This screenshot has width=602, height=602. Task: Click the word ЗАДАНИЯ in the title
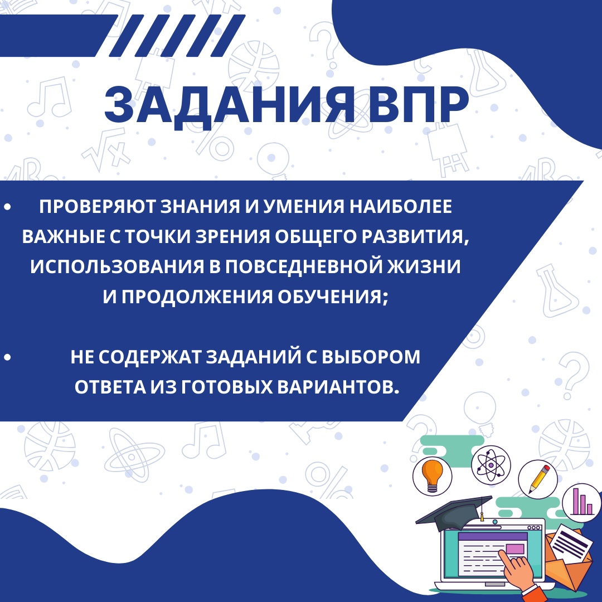pos(229,105)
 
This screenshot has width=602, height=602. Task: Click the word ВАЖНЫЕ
pos(64,236)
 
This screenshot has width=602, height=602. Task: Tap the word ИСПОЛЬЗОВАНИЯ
pos(117,266)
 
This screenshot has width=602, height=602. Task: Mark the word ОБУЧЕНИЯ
pos(332,297)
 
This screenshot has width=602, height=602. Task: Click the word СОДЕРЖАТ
pos(150,357)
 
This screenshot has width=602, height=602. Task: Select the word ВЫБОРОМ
pos(371,357)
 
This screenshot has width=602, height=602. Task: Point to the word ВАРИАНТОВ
pos(338,387)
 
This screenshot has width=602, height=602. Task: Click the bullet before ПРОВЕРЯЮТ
pos(7,207)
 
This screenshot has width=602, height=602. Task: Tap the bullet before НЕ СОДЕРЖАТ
pos(7,357)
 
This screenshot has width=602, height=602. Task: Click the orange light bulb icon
pos(433,475)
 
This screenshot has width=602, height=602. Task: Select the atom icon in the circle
pos(491,465)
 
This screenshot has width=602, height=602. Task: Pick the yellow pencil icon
pos(539,479)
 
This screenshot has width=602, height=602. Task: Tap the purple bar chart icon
pos(581,502)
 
